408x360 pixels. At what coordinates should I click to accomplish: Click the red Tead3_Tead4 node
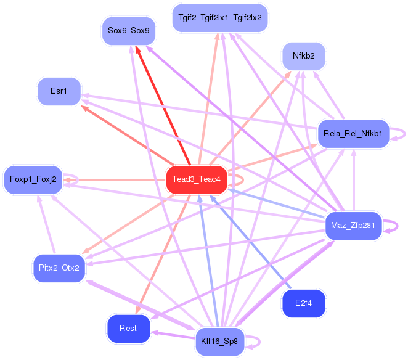pyautogui.click(x=197, y=179)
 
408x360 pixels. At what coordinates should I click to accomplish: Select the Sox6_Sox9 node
pyautogui.click(x=128, y=30)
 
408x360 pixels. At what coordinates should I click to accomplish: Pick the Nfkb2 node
pyautogui.click(x=304, y=56)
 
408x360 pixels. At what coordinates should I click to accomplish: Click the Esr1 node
pyautogui.click(x=59, y=91)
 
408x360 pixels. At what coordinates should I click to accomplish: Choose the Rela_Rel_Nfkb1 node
pyautogui.click(x=353, y=133)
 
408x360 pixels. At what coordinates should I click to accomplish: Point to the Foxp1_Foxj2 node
pyautogui.click(x=33, y=179)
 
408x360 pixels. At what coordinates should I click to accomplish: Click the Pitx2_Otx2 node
pyautogui.click(x=59, y=268)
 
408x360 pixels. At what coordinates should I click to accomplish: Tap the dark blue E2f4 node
pyautogui.click(x=303, y=303)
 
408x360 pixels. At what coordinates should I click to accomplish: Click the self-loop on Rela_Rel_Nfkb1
pyautogui.click(x=399, y=134)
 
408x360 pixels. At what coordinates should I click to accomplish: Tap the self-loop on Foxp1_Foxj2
pyautogui.click(x=72, y=179)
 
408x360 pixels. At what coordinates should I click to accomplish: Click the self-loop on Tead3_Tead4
pyautogui.click(x=237, y=179)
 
